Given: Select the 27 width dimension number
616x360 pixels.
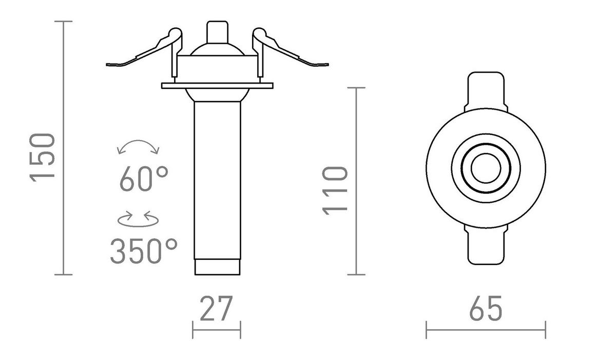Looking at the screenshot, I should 216,308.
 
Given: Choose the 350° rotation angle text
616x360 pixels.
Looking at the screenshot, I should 144,251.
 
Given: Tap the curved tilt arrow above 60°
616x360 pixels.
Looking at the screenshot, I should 139,146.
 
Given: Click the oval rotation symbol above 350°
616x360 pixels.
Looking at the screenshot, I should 139,219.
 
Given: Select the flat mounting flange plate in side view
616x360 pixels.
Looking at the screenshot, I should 216,86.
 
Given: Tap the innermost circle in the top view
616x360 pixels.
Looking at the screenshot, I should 485,169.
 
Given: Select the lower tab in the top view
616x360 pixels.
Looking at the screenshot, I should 485,247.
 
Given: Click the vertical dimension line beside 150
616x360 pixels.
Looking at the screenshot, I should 64,149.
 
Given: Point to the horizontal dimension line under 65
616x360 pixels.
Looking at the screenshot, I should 485,330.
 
